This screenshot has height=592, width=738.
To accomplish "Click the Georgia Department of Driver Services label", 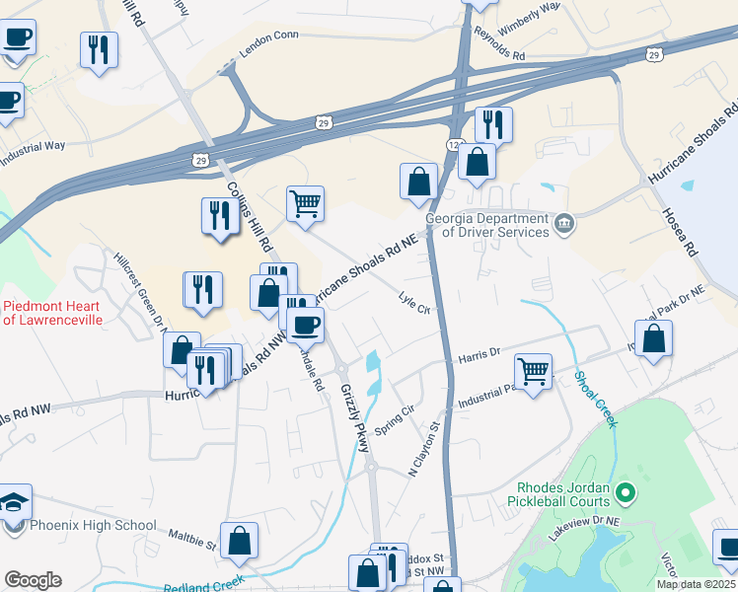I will coord(486,225).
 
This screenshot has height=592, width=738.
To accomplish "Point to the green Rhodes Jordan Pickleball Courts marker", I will coord(624,490).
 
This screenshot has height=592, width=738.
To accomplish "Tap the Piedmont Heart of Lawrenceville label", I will coord(51,313).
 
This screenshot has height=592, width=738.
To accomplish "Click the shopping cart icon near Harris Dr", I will coord(533,373).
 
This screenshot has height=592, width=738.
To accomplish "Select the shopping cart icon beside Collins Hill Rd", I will coord(305,203).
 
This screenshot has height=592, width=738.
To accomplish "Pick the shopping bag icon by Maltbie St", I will coord(239,541).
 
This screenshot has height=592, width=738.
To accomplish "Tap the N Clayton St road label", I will coord(424,450).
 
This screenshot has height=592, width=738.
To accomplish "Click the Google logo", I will coord(33,580).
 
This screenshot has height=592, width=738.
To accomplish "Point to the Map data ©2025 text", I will coord(695,584).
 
